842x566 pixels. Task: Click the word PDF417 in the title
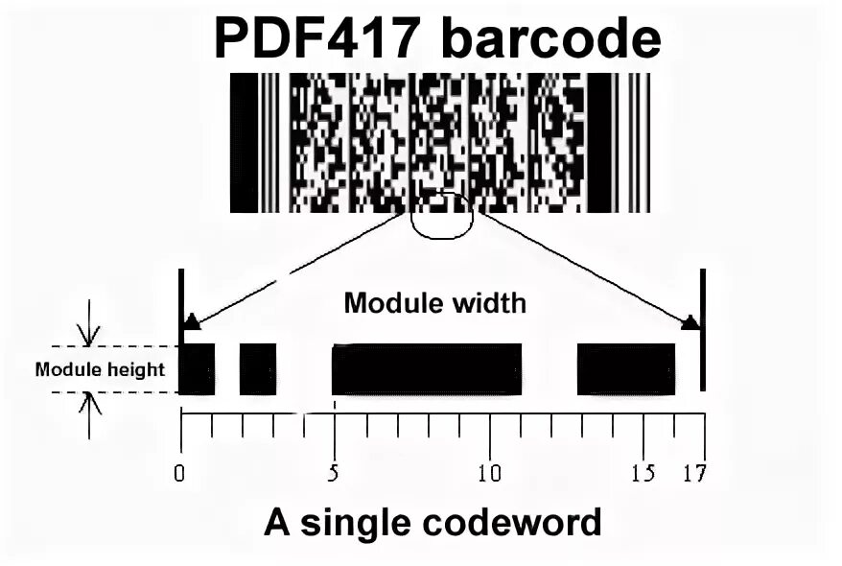pyautogui.click(x=317, y=40)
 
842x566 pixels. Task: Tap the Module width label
pyautogui.click(x=435, y=304)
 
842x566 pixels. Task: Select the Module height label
pyautogui.click(x=100, y=369)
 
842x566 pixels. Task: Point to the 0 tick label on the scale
pyautogui.click(x=179, y=473)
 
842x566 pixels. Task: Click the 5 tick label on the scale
pyautogui.click(x=334, y=473)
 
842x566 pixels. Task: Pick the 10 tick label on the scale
pyautogui.click(x=489, y=473)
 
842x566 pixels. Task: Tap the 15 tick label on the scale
pyautogui.click(x=643, y=473)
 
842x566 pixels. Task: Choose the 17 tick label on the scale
pyautogui.click(x=694, y=473)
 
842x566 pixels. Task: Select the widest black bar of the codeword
pyautogui.click(x=427, y=368)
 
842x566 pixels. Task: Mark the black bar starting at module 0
pyautogui.click(x=198, y=368)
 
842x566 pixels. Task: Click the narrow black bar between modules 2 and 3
pyautogui.click(x=258, y=368)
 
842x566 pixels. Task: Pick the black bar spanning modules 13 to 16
pyautogui.click(x=625, y=368)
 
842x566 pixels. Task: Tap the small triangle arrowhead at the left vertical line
pyautogui.click(x=192, y=321)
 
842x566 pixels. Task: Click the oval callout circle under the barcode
pyautogui.click(x=441, y=216)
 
